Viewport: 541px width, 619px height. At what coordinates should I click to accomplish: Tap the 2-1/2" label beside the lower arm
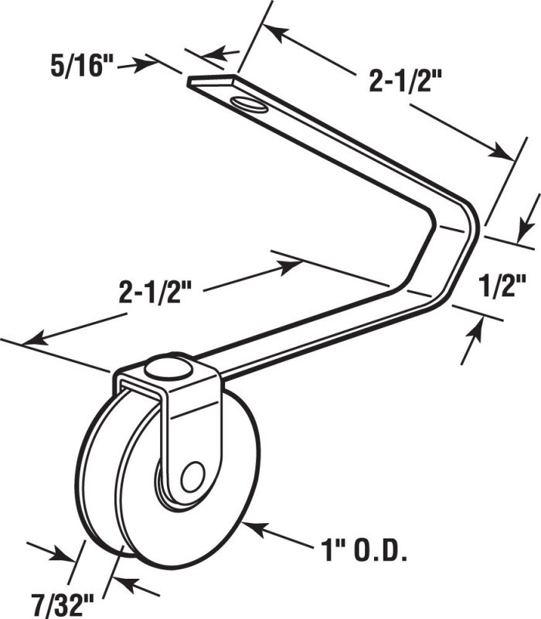155,292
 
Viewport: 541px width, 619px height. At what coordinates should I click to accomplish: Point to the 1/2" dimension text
502,286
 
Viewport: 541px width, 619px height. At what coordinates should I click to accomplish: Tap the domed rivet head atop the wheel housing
168,369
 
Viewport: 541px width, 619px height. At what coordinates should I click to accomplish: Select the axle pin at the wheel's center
192,477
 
